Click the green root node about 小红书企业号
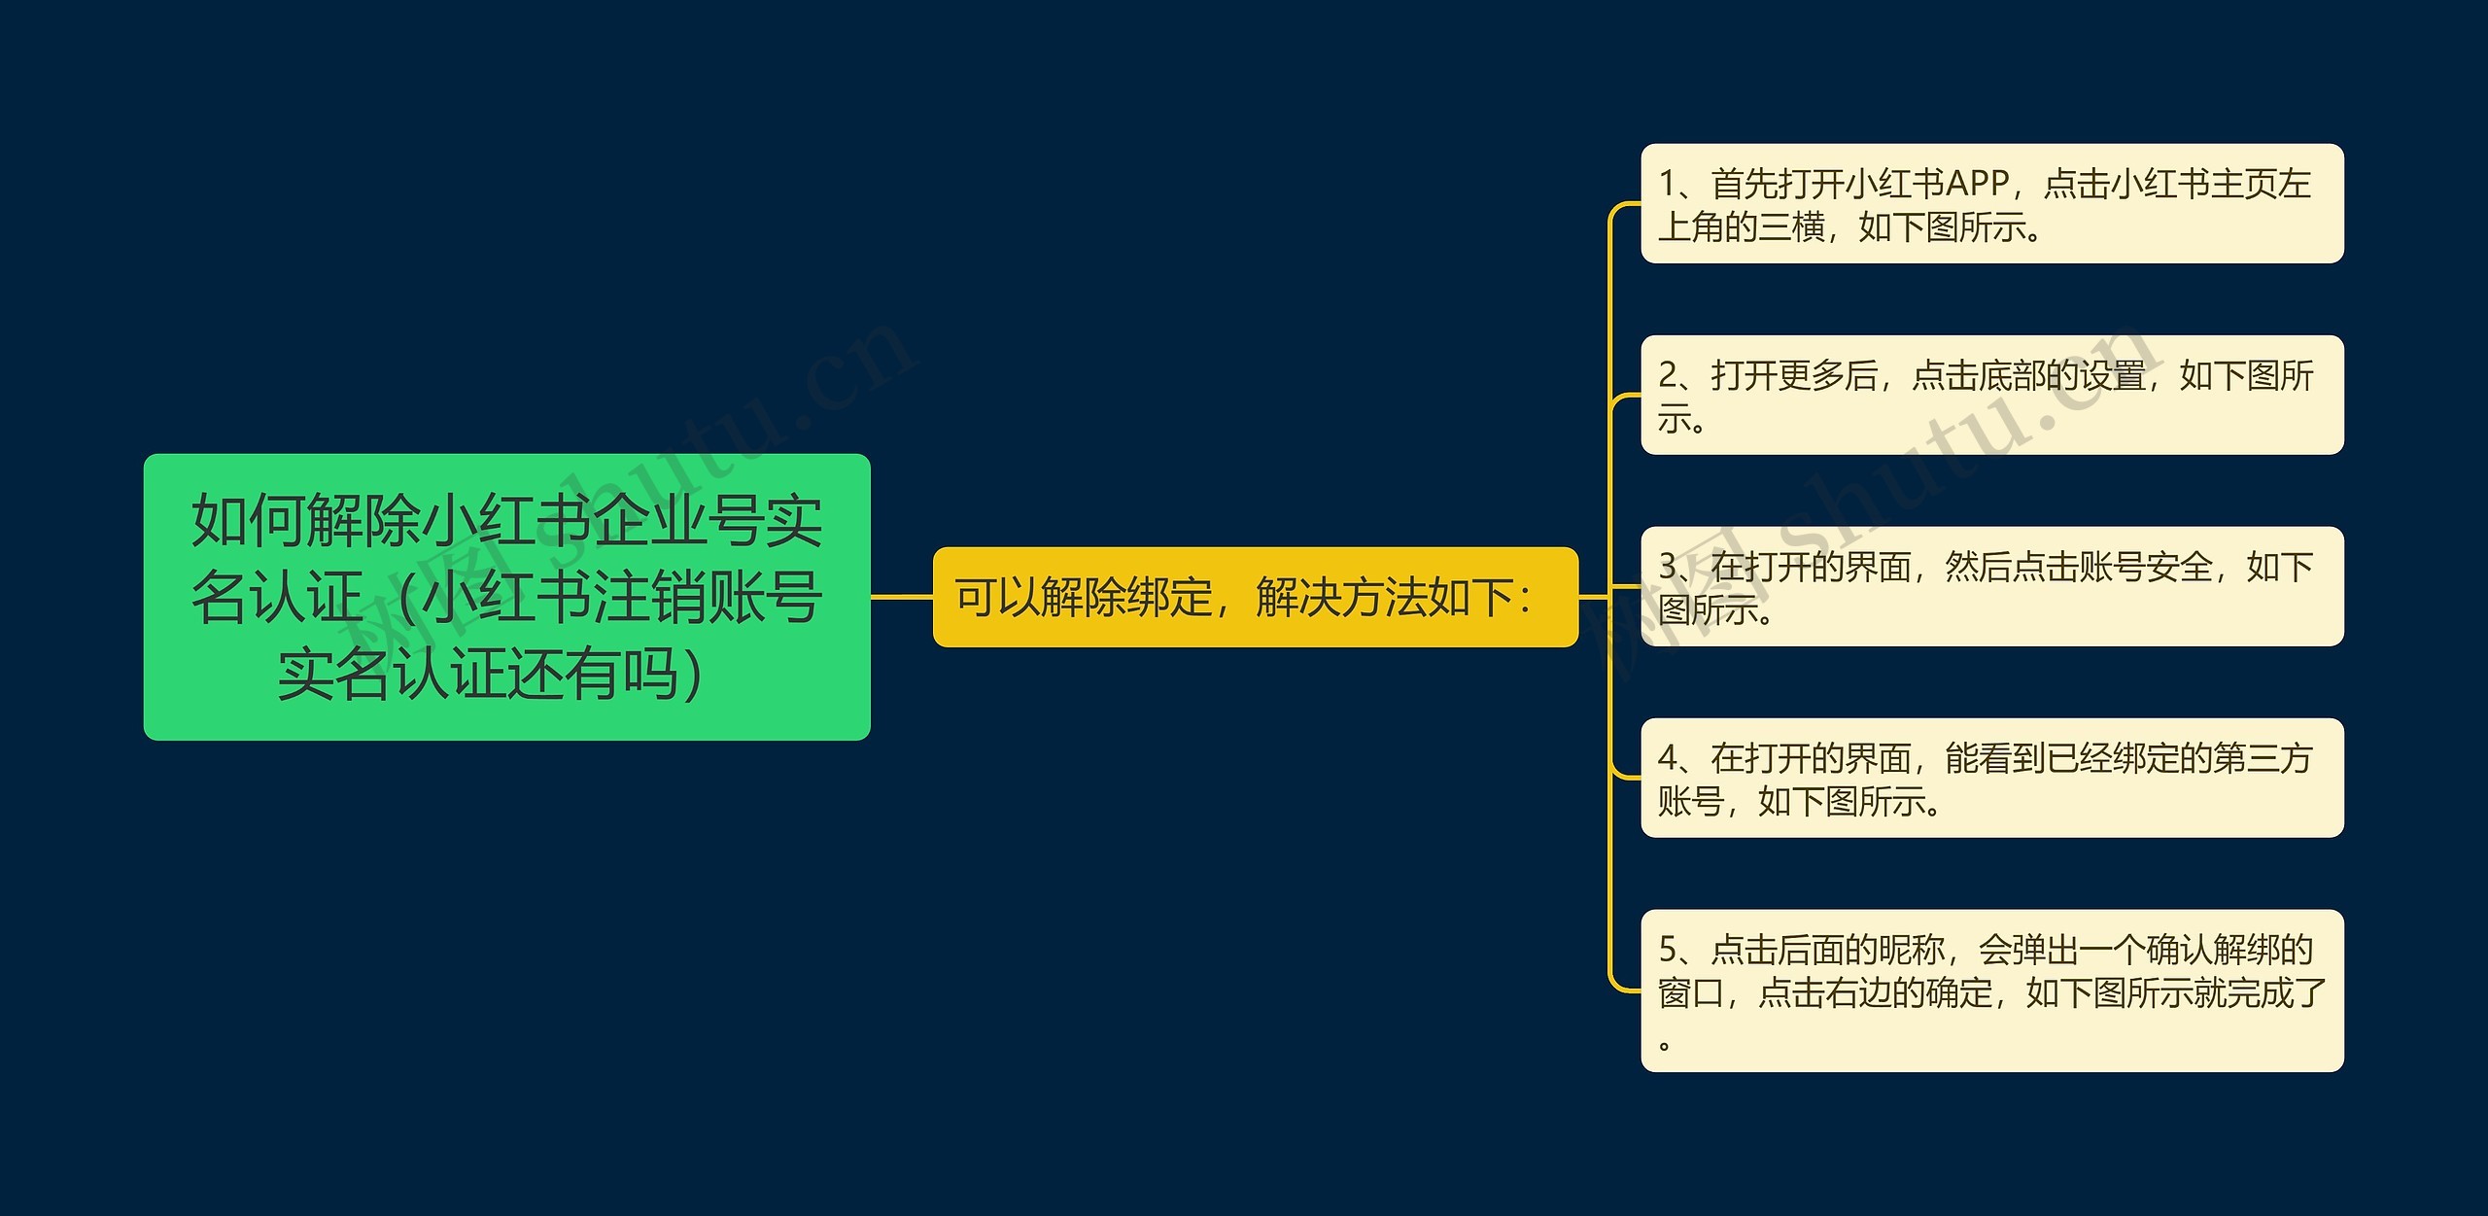coord(506,596)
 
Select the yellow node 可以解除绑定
coord(1255,597)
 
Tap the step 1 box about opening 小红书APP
coord(1991,203)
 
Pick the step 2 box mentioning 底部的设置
coord(1991,395)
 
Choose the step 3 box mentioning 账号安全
coord(1991,586)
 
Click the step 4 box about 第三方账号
coord(1991,778)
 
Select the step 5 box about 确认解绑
coord(1991,990)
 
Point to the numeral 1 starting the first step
coord(1668,183)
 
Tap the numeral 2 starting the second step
coord(1669,375)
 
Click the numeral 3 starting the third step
coord(1669,566)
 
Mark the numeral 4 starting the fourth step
coord(1669,757)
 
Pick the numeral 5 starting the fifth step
coord(1669,949)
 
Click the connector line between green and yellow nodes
coord(901,596)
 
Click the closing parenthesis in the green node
coord(692,675)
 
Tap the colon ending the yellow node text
coord(1526,597)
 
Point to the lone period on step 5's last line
coord(1665,1046)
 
